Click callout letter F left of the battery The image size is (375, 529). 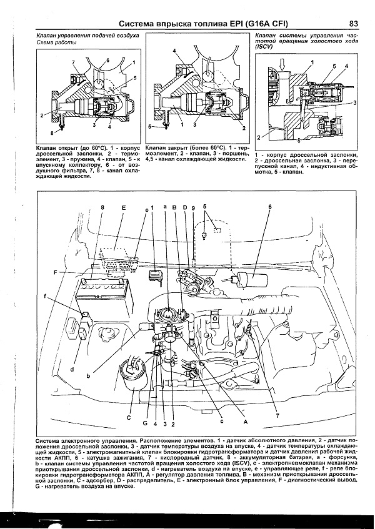(56, 273)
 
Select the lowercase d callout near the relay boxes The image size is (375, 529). (72, 369)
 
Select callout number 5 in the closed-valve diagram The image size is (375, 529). (150, 126)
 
